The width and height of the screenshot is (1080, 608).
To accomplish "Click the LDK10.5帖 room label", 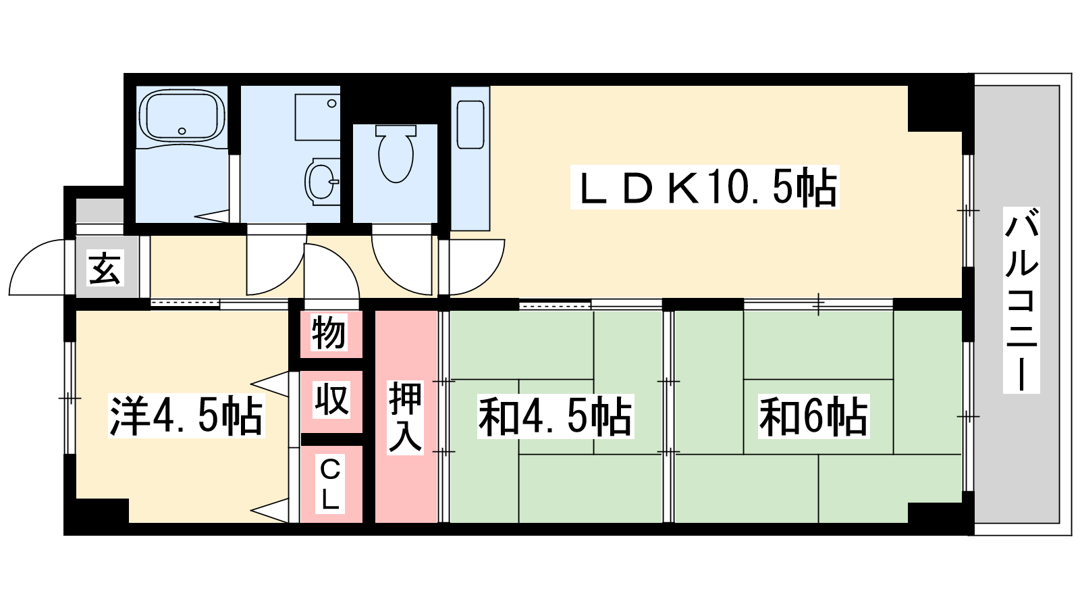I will [x=704, y=187].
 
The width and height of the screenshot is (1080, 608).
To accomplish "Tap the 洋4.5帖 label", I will [x=186, y=416].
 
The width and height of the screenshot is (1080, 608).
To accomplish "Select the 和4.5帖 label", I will [x=555, y=416].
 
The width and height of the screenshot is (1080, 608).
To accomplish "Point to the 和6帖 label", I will [x=813, y=416].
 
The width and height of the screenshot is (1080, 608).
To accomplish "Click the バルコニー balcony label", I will [x=1021, y=300].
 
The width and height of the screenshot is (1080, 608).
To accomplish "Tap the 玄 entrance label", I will [x=105, y=268].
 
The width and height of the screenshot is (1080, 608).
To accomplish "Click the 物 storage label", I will [x=329, y=332].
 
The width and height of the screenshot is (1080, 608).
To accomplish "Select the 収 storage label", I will [x=331, y=400].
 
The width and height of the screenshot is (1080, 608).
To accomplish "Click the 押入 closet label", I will [x=405, y=416].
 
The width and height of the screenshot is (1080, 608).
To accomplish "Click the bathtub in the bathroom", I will [x=182, y=116].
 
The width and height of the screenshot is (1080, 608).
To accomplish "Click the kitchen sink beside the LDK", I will [x=470, y=124].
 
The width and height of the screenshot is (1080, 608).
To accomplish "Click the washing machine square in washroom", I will [x=317, y=117].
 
